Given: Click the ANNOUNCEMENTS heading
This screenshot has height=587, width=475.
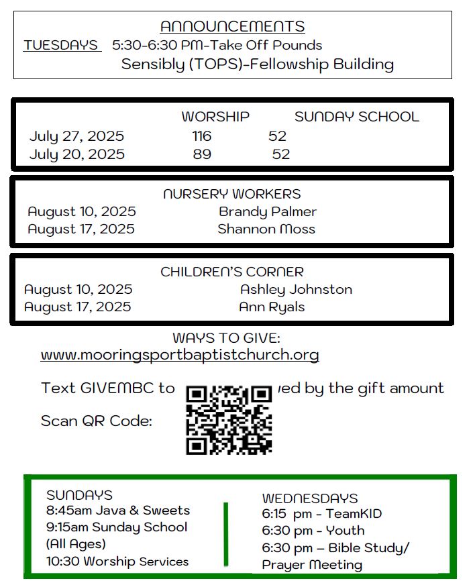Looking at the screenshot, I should click(232, 27).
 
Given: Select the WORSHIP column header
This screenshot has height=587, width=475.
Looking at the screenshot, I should click(215, 117).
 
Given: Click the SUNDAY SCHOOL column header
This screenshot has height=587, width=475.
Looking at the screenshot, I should click(356, 117).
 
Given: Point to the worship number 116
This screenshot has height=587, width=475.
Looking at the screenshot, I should click(201, 136).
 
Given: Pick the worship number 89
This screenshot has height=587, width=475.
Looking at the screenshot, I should click(201, 154).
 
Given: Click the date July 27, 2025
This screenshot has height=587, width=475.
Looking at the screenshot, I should click(76, 136).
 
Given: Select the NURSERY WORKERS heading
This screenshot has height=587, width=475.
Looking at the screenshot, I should click(232, 194).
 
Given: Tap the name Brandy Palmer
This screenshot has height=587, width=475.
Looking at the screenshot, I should click(268, 211).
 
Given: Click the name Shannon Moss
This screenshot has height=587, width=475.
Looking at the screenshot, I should click(266, 229).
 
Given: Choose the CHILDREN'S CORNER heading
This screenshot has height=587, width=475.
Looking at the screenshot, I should click(232, 272).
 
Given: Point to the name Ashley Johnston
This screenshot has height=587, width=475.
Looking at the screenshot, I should click(296, 290).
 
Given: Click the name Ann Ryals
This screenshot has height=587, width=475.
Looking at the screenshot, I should click(272, 307).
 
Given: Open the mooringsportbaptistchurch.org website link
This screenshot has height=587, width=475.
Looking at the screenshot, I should click(180, 354).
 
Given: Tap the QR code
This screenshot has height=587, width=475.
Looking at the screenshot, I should click(229, 419).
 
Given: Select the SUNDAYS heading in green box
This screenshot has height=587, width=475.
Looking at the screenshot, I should click(79, 495).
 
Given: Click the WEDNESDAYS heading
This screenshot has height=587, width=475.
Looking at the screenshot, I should click(310, 498).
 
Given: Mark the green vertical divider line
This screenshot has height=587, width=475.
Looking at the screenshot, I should click(225, 534).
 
